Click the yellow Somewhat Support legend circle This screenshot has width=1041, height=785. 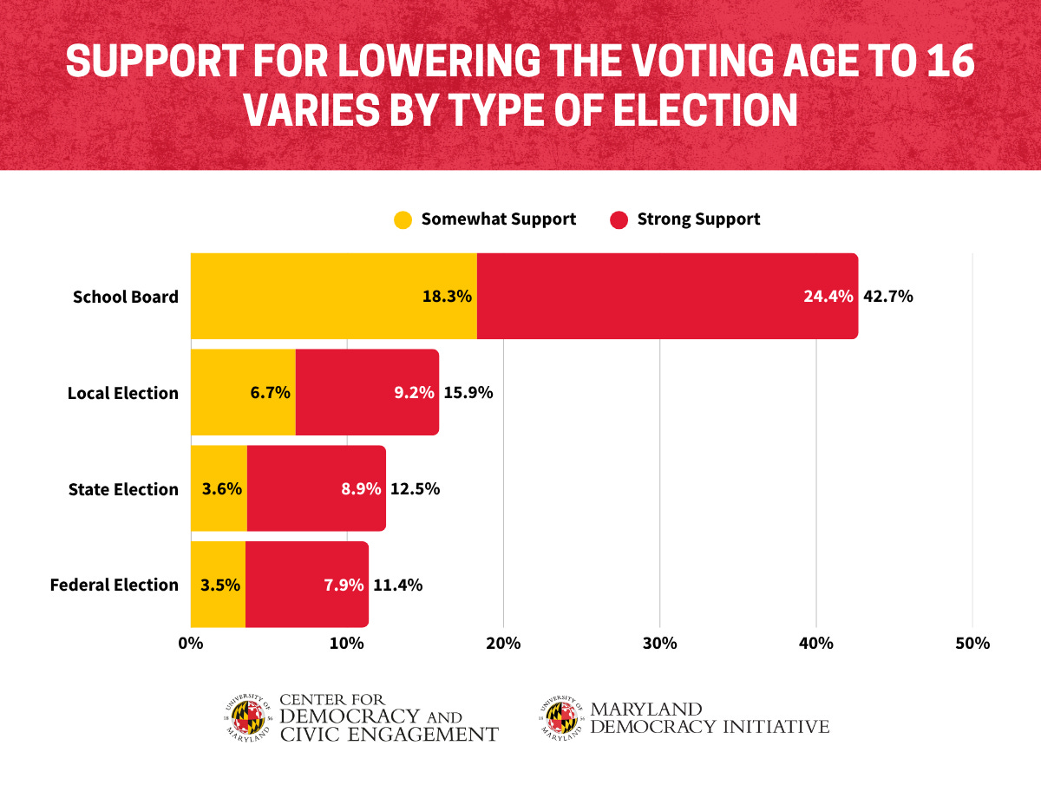click(403, 219)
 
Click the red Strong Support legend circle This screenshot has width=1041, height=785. click(619, 219)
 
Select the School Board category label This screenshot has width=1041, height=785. click(126, 297)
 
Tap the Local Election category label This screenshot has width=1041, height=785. click(123, 393)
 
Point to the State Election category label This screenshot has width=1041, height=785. click(123, 489)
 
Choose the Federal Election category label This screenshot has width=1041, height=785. click(115, 585)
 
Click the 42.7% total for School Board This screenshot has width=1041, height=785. click(887, 297)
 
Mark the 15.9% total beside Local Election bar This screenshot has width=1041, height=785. click(468, 393)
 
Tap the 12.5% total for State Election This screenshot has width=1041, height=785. click(415, 489)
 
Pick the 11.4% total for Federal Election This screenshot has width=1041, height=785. click(397, 585)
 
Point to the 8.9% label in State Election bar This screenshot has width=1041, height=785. click(360, 489)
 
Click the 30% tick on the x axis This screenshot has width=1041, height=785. click(659, 644)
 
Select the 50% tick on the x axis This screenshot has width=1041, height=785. click(972, 644)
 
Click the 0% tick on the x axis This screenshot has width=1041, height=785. click(190, 644)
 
